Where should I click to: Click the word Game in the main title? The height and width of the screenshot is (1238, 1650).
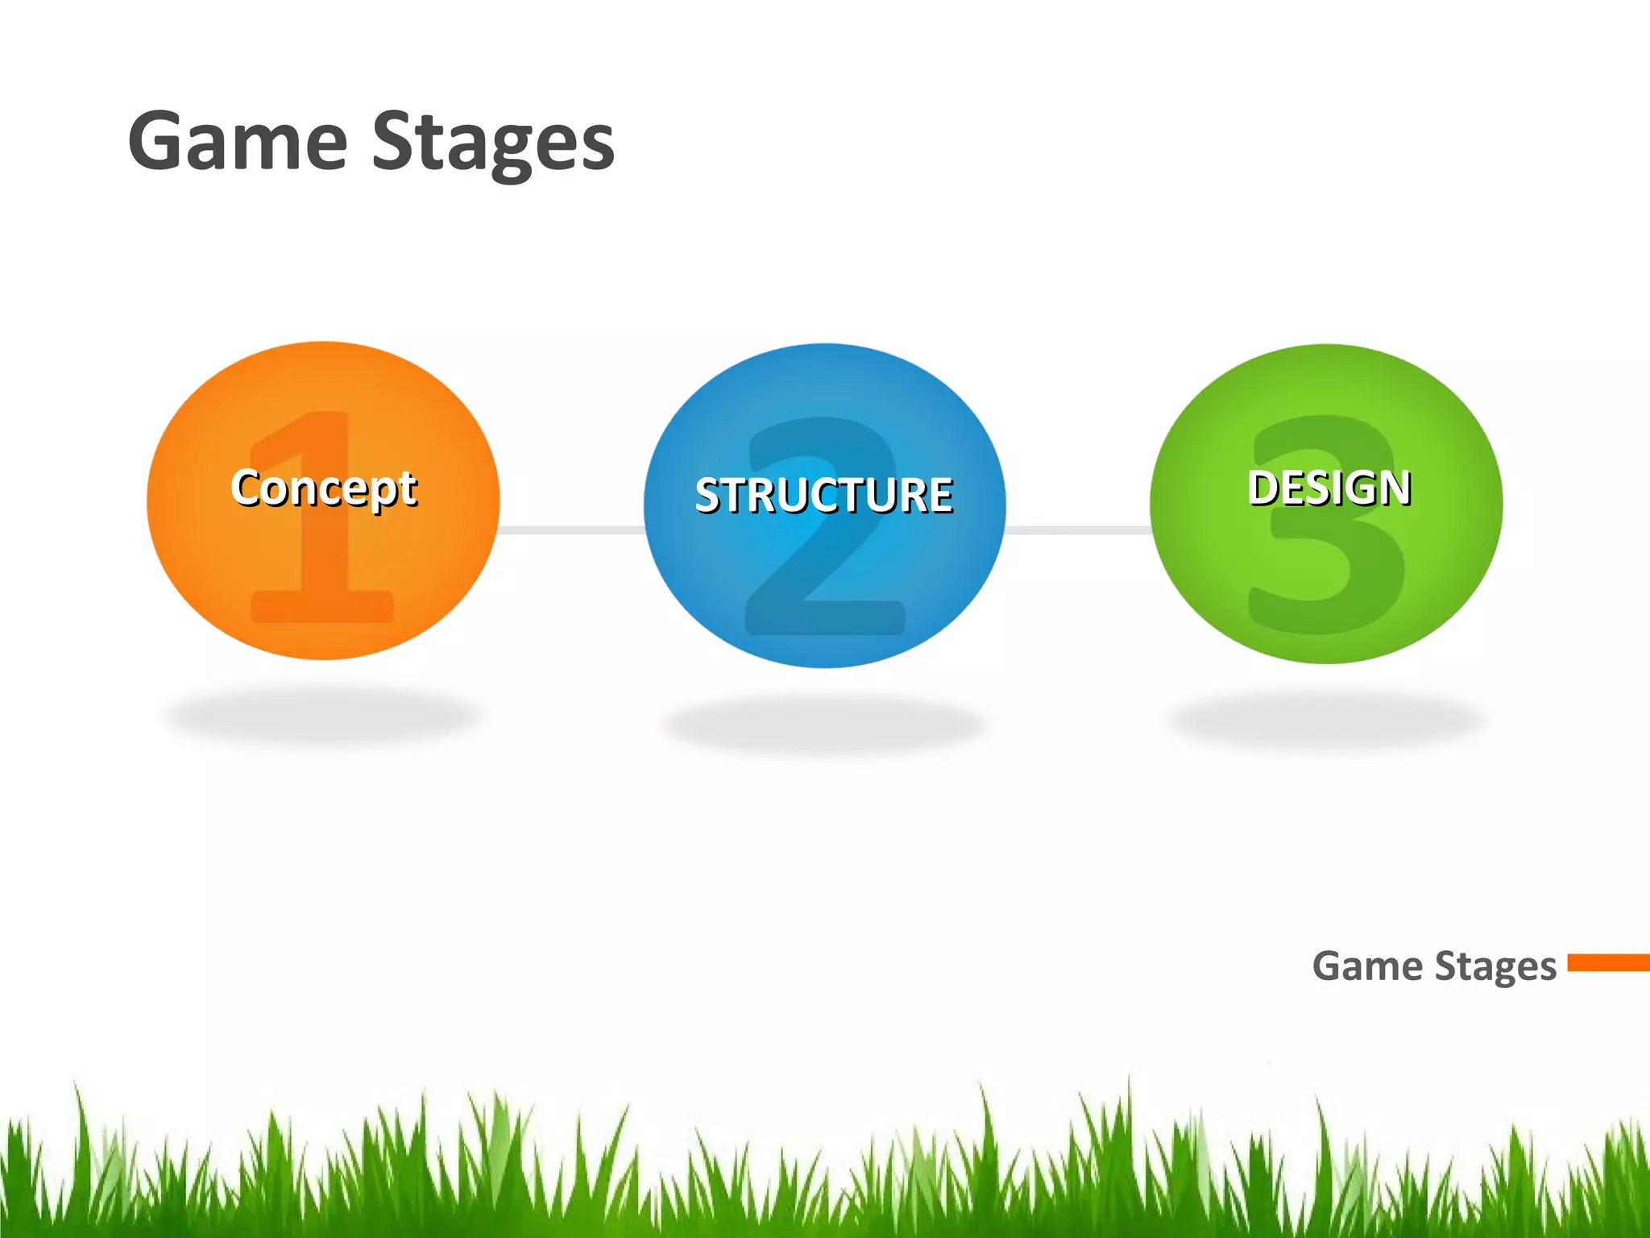[238, 143]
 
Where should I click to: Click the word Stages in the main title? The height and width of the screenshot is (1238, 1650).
[493, 143]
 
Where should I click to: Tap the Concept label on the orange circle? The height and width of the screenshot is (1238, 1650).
[324, 488]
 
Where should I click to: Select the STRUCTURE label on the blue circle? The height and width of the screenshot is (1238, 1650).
[823, 495]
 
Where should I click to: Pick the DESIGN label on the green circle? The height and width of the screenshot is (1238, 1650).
[1329, 488]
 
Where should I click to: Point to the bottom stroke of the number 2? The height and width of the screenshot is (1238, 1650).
[824, 618]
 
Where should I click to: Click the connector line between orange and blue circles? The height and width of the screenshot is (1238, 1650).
[572, 530]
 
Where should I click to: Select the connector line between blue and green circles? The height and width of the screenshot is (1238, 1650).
[1078, 530]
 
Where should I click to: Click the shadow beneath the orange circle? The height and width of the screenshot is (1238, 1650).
[322, 716]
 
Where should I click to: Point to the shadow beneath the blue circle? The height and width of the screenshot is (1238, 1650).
[823, 725]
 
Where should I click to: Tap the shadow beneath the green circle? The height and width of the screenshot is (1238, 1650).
[1325, 717]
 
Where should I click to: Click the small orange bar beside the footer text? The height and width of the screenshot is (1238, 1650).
[1608, 962]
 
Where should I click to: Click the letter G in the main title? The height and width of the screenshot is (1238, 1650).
[161, 143]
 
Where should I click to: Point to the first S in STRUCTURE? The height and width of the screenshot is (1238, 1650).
[709, 495]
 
